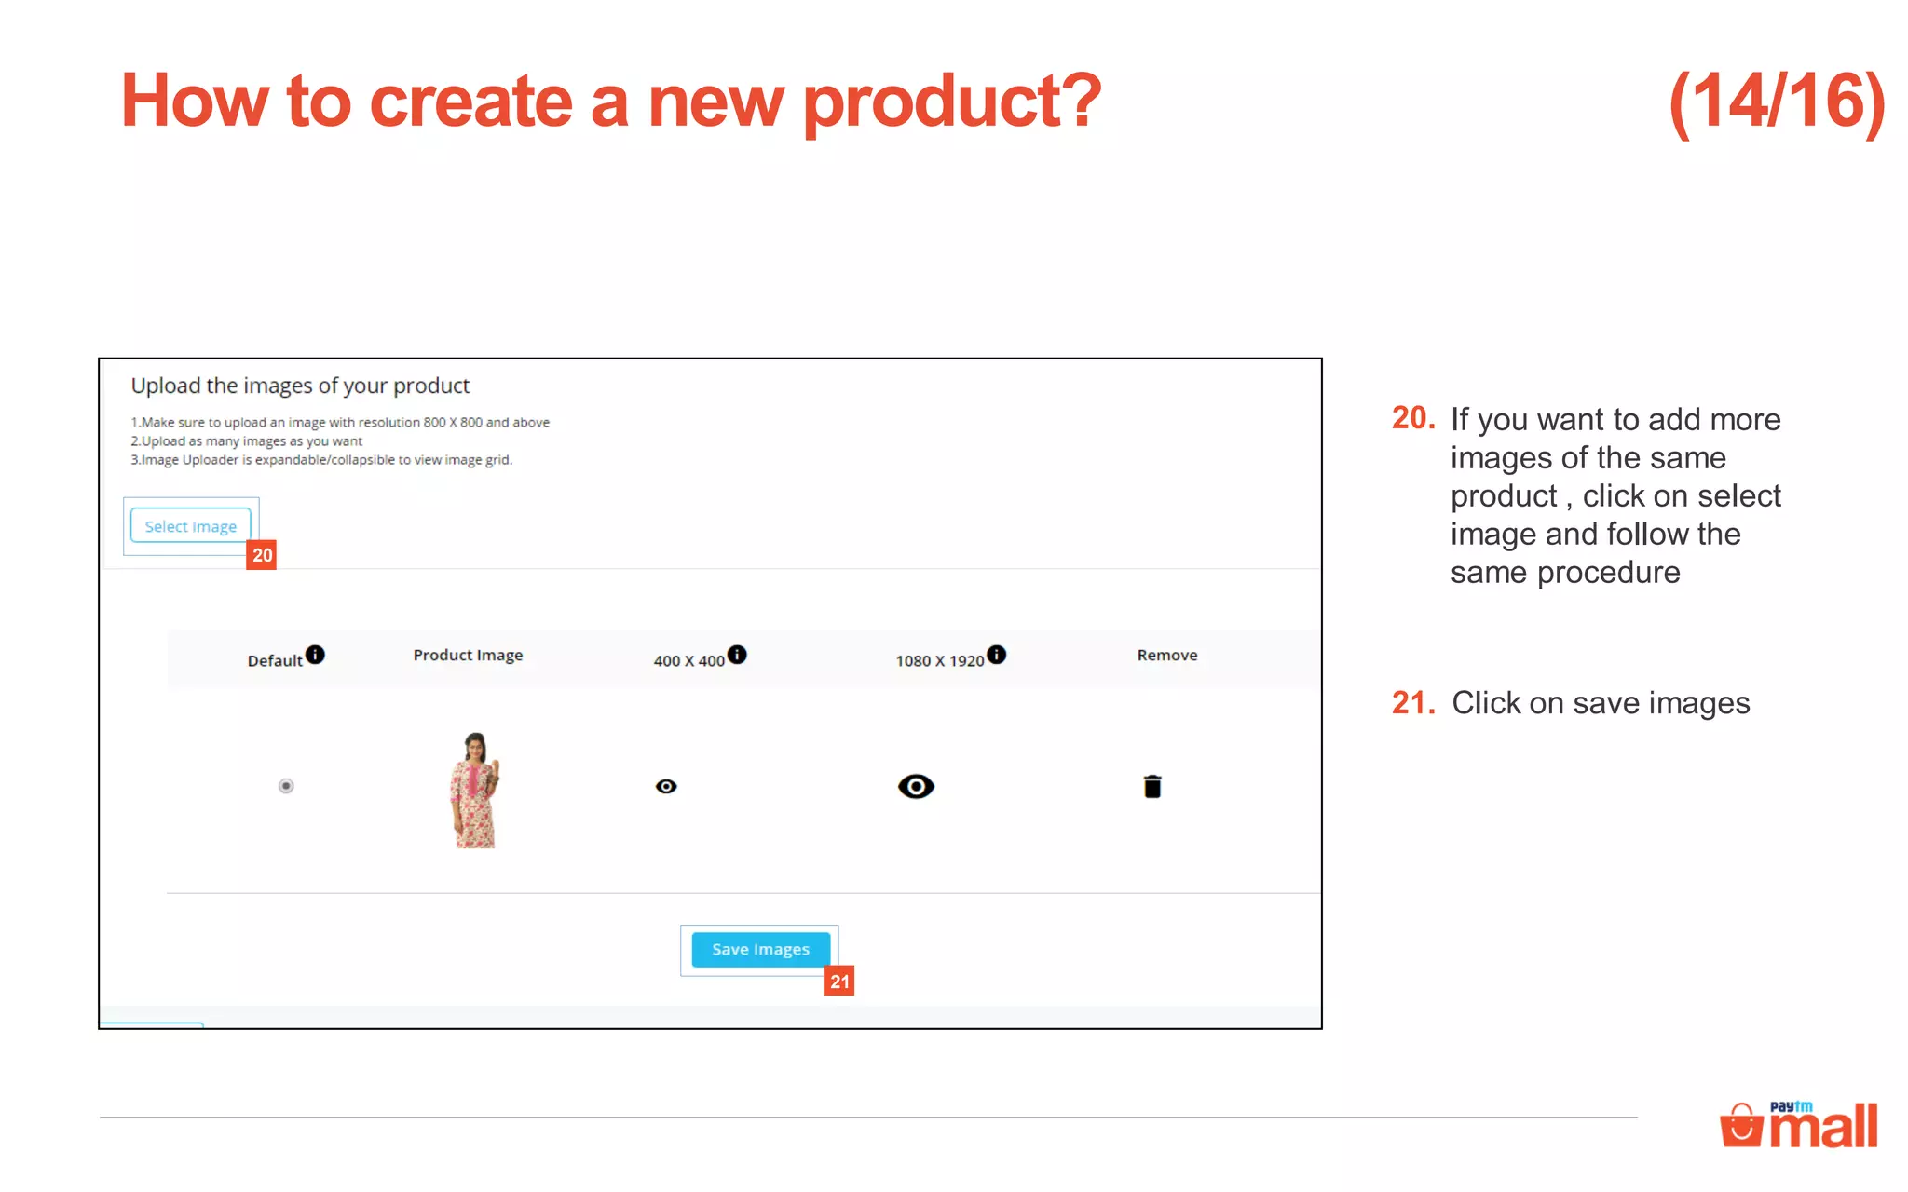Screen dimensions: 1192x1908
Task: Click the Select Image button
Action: click(x=191, y=526)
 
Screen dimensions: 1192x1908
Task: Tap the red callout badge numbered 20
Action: click(x=262, y=555)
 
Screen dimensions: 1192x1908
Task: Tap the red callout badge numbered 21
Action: click(x=839, y=981)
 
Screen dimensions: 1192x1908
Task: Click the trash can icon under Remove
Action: click(x=1152, y=787)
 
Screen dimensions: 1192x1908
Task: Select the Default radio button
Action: click(x=286, y=786)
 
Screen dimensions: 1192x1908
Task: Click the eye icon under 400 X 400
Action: click(x=666, y=787)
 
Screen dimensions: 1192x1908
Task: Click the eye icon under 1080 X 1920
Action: click(x=916, y=787)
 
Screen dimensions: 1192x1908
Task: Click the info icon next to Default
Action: click(x=316, y=655)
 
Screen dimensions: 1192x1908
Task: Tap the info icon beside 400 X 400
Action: click(x=737, y=655)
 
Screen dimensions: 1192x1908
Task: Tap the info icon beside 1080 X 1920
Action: click(x=996, y=655)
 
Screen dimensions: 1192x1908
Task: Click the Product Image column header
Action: click(x=468, y=656)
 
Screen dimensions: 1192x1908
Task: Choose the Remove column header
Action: click(x=1167, y=656)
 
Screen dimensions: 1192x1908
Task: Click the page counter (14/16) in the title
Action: click(x=1777, y=102)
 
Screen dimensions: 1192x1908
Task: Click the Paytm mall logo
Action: click(x=1799, y=1125)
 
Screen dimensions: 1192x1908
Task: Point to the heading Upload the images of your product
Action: click(x=300, y=386)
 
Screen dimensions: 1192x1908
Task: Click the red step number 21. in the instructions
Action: click(x=1413, y=702)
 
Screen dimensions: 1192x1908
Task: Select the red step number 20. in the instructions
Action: click(x=1413, y=418)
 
